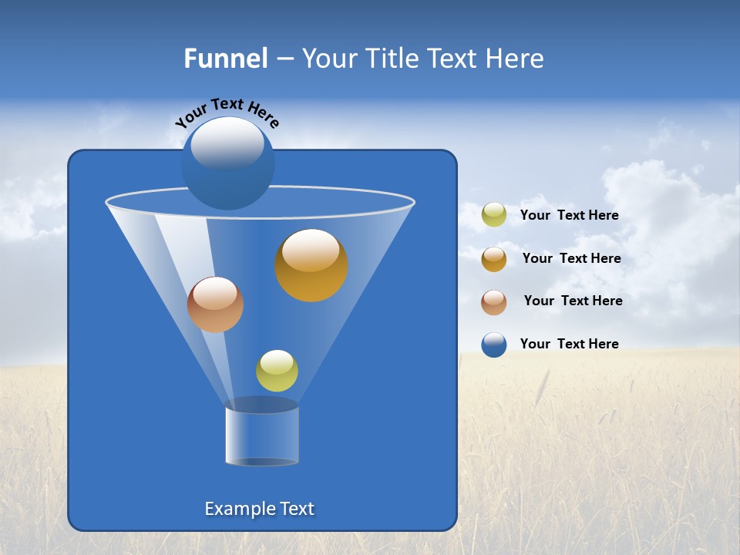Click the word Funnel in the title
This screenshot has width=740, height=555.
(225, 59)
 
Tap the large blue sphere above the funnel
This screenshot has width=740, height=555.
(227, 163)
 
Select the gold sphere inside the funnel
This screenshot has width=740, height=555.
(311, 266)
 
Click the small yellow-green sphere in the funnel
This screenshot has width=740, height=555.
(277, 371)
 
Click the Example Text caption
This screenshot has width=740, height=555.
(260, 509)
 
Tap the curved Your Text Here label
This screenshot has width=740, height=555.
(227, 112)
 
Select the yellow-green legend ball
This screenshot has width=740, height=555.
(494, 215)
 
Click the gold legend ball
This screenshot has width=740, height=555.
(494, 258)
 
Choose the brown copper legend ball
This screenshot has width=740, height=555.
(494, 301)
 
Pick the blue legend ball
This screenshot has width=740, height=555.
(494, 345)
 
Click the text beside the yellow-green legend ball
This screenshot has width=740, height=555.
(569, 215)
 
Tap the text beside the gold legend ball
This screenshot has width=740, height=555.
(571, 258)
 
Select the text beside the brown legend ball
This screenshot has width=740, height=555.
(573, 301)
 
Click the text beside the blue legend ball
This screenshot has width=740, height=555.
(569, 344)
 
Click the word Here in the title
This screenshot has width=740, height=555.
(516, 59)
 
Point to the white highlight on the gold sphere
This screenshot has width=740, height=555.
(311, 251)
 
